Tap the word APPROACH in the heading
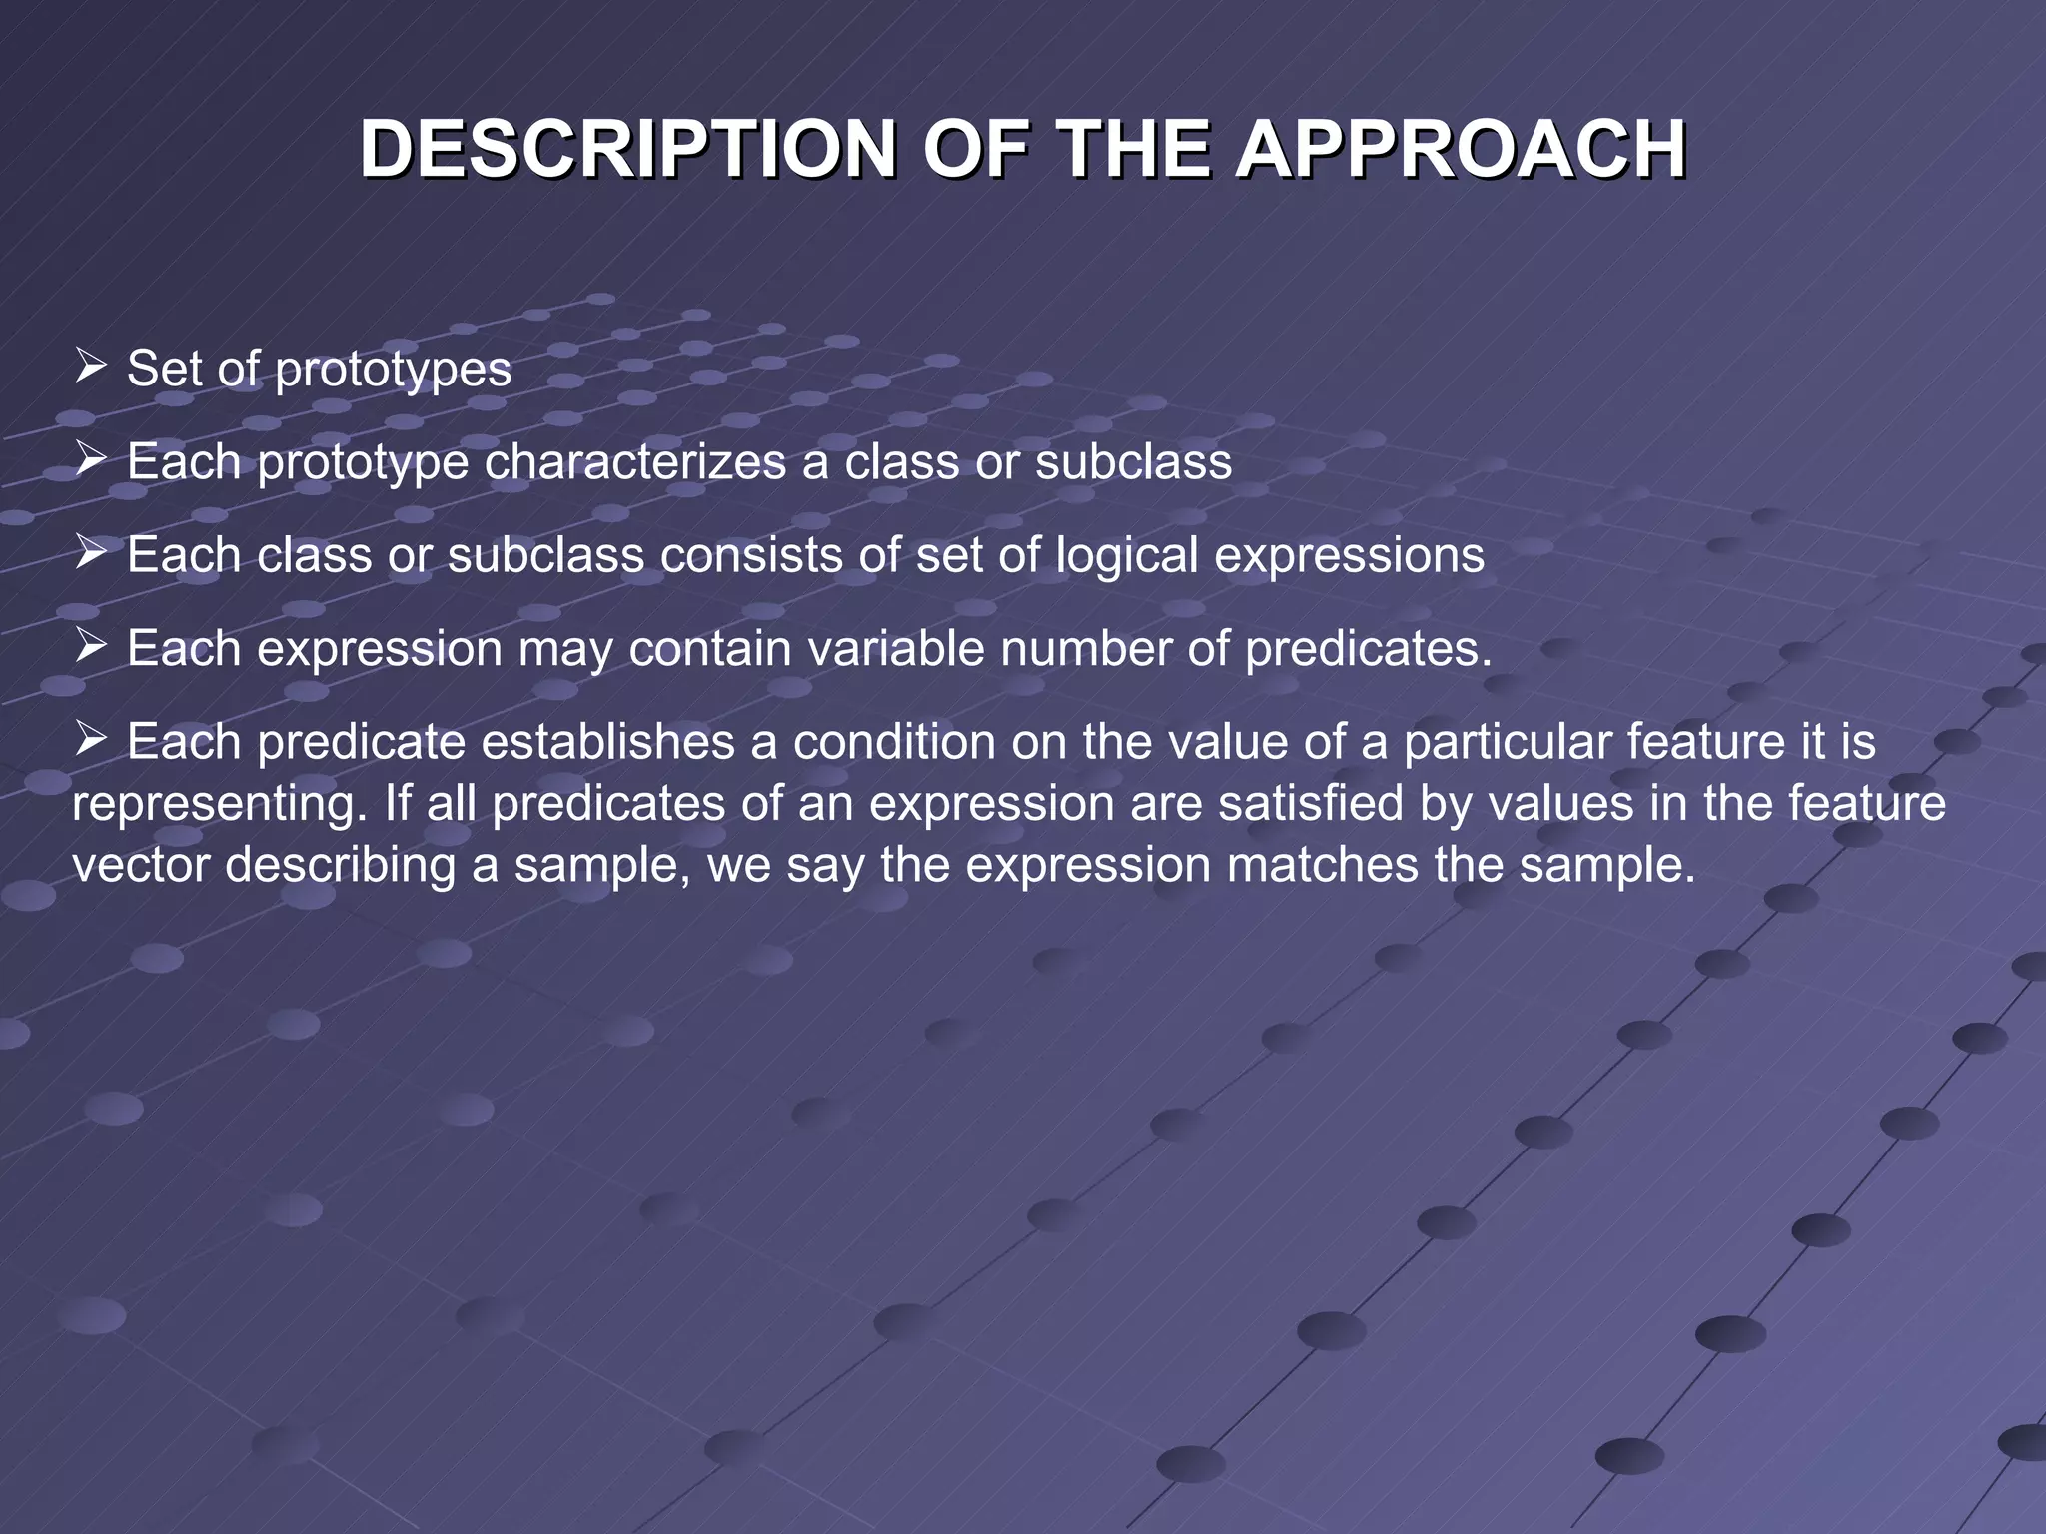[x=1461, y=150]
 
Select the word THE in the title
[x=1133, y=150]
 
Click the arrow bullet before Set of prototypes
[x=91, y=366]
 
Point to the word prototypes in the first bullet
[x=393, y=370]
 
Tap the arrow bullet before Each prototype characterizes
[x=91, y=458]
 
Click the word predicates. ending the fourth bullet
[x=1368, y=649]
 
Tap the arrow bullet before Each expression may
[x=91, y=645]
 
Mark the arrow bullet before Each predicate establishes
[x=91, y=739]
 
